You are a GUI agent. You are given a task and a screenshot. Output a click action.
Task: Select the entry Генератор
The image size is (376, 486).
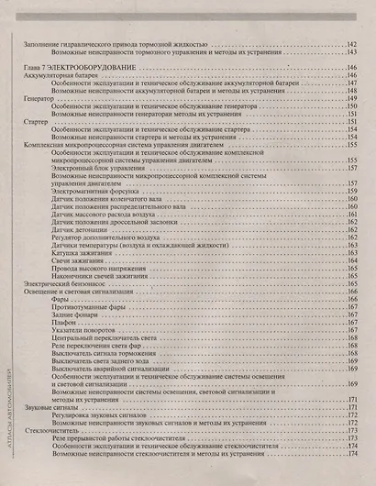[x=38, y=99]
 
